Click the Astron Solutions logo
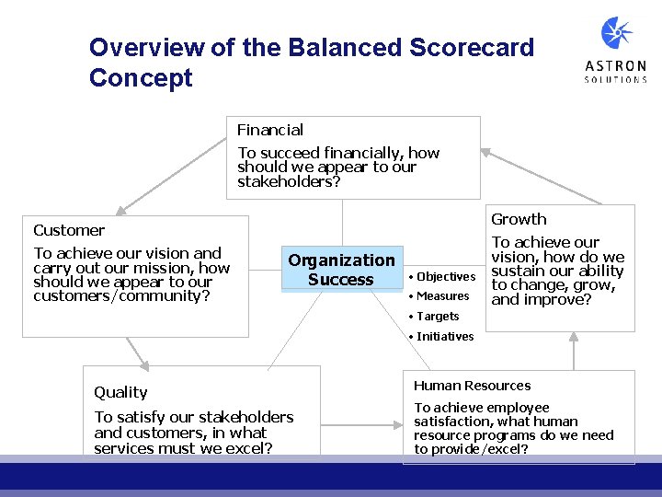(x=615, y=51)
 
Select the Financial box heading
(x=270, y=130)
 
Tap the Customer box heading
(x=69, y=230)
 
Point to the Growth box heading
(x=519, y=219)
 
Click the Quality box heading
(x=120, y=392)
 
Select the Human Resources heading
(x=472, y=386)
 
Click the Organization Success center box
(x=341, y=270)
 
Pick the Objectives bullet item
(x=445, y=277)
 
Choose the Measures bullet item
(x=442, y=296)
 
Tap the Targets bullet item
(x=437, y=317)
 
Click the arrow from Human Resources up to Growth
(x=574, y=351)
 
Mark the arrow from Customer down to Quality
(x=136, y=351)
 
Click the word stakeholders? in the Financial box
(x=289, y=182)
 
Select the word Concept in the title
(x=141, y=78)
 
